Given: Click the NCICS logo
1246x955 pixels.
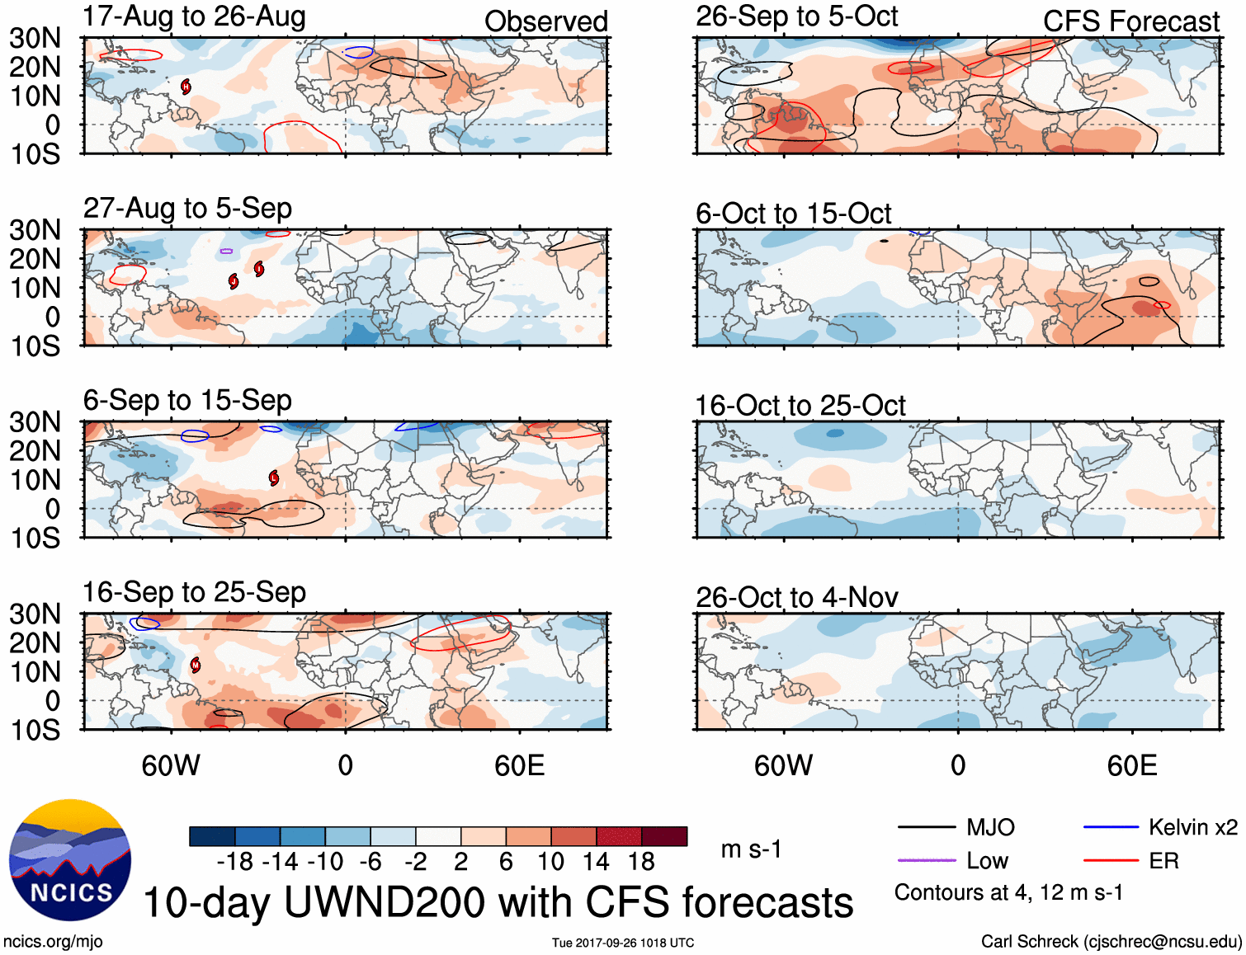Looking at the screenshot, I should tap(70, 860).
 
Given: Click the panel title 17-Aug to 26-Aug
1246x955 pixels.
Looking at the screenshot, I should tap(194, 16).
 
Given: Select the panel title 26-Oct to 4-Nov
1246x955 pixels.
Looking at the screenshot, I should tap(796, 597).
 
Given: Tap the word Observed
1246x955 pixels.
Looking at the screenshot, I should tap(545, 21).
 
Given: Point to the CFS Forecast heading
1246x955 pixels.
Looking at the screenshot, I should tap(1130, 21).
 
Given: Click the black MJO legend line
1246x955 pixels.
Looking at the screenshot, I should tap(926, 827).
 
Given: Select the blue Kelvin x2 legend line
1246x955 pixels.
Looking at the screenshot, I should tap(1111, 827).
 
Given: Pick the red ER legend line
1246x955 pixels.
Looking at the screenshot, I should tap(1111, 861).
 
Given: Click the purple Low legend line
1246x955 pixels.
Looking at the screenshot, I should tap(926, 861).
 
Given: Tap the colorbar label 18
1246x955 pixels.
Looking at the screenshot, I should tap(641, 862).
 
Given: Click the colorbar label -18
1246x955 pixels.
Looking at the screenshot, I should tap(235, 862).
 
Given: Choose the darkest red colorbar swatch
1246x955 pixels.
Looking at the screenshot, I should tap(664, 836).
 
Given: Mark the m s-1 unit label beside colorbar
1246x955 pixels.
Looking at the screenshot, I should tap(751, 849).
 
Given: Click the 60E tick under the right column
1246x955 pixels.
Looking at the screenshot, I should tap(1131, 766).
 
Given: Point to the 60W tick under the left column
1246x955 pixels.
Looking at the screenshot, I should tap(171, 766).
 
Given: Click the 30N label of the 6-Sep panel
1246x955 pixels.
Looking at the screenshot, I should tap(35, 422).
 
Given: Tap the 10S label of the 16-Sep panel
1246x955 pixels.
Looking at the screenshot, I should tap(35, 731).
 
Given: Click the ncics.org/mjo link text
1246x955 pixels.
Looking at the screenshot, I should tap(53, 942).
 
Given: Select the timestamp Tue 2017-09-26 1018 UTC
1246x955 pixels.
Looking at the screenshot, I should tap(623, 943).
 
